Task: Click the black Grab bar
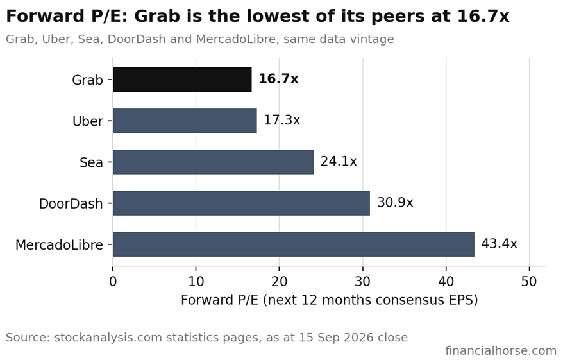(182, 80)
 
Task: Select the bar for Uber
(185, 121)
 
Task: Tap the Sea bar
(213, 162)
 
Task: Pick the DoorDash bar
(241, 203)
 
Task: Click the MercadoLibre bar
(293, 244)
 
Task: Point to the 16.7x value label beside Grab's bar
(278, 79)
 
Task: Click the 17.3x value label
(282, 120)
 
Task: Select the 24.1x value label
(339, 161)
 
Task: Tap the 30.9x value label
(395, 202)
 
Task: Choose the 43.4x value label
(499, 244)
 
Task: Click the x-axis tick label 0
(113, 281)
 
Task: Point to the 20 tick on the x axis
(279, 281)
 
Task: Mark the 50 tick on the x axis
(529, 281)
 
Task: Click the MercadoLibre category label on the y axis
(59, 244)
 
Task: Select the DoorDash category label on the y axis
(71, 203)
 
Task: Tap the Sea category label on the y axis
(91, 162)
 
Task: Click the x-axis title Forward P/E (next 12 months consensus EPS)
(329, 300)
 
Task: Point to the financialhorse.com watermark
(501, 350)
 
